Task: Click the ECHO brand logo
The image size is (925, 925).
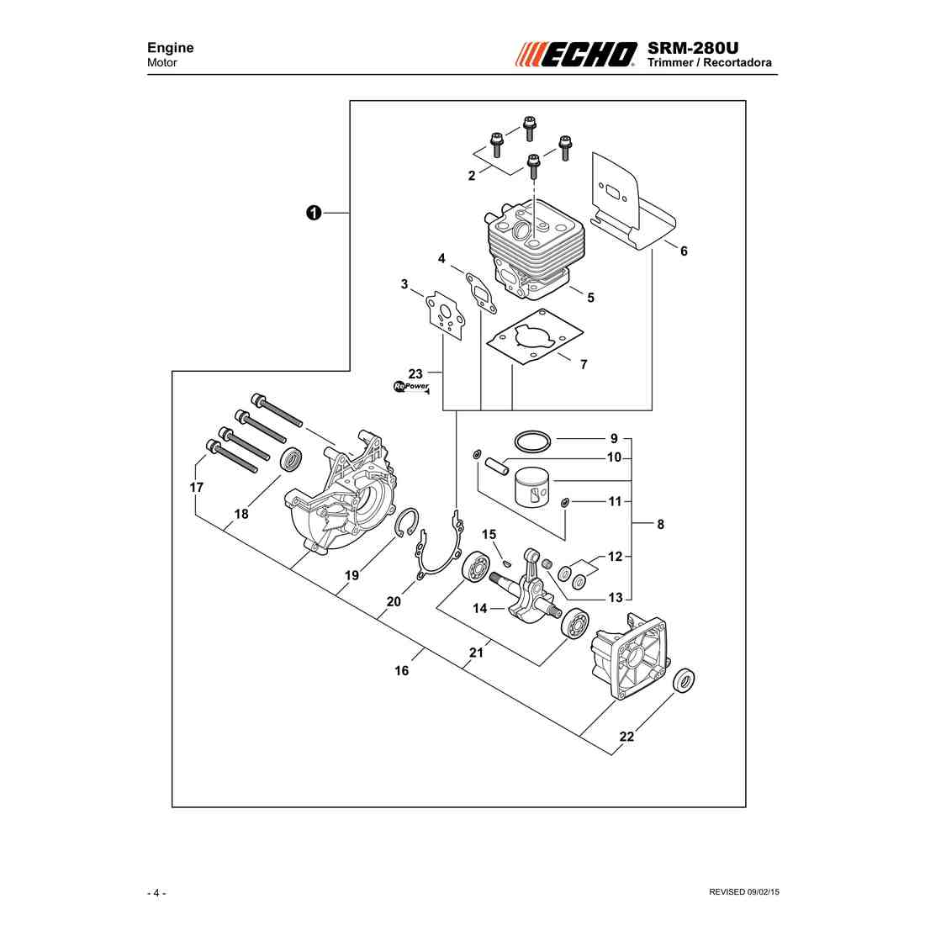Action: coord(576,55)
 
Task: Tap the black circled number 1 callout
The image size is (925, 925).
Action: coord(314,213)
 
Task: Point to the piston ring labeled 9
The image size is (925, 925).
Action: coord(532,441)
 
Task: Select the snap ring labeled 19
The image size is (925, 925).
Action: coord(407,522)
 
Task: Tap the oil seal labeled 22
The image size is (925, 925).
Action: coord(684,681)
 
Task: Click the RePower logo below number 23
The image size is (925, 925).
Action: coord(412,387)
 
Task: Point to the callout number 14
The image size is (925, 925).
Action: coord(480,608)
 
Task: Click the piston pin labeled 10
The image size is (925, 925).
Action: coord(497,463)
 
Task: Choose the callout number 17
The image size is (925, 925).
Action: coord(197,487)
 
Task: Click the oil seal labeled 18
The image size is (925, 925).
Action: coord(292,459)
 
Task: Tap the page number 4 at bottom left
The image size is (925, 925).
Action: coord(156,892)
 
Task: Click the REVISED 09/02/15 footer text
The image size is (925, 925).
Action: coord(744,892)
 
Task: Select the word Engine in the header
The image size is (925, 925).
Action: coord(171,48)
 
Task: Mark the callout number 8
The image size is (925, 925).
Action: coord(661,524)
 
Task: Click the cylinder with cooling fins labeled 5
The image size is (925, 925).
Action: coord(534,251)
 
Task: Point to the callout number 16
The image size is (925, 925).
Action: coord(402,671)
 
